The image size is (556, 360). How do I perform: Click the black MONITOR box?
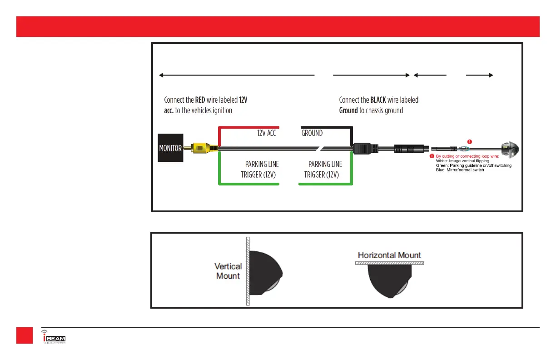(170, 148)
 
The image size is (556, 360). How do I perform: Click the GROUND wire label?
(312, 133)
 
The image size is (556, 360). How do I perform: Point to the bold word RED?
(198, 100)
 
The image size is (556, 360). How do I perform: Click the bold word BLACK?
(378, 100)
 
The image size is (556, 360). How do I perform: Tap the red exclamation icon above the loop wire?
(469, 141)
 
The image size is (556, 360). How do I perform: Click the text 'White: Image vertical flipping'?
(462, 161)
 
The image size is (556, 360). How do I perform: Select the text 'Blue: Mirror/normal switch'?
(460, 170)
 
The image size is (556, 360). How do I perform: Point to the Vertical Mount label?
(228, 271)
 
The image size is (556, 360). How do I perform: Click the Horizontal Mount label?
(389, 255)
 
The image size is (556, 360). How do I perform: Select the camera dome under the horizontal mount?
(389, 282)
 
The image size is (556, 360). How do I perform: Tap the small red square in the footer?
(25, 335)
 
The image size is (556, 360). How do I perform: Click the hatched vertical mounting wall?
(248, 271)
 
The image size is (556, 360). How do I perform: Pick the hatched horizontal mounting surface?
(389, 263)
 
